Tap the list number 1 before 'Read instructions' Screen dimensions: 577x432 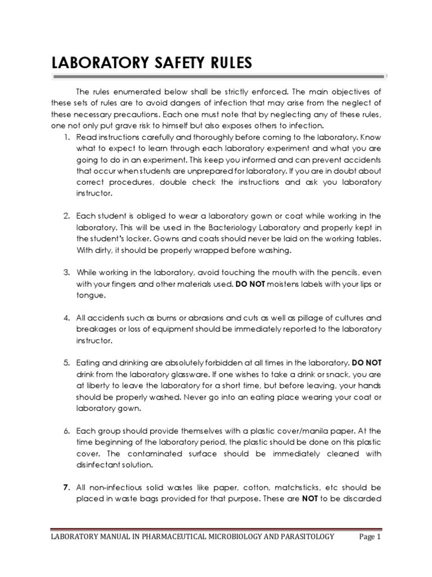pos(66,137)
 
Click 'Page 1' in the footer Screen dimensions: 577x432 pos(370,538)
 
